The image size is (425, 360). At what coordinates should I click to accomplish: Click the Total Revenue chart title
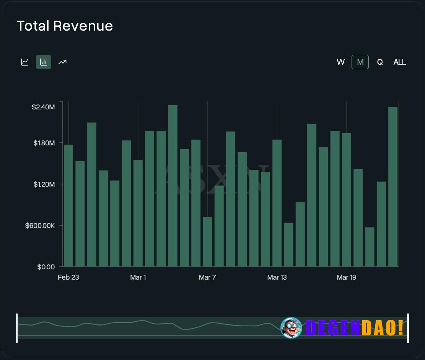[x=65, y=26]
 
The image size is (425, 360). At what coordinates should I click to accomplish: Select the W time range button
[x=340, y=62]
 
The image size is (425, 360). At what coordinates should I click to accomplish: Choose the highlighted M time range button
[x=360, y=62]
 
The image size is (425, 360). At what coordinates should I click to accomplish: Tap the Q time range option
[x=380, y=62]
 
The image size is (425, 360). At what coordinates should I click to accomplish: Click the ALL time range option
[x=399, y=62]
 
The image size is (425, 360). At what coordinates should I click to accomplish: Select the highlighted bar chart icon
[x=44, y=62]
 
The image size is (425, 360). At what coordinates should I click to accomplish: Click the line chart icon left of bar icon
[x=24, y=62]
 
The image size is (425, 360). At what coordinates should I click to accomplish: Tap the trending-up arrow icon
[x=62, y=62]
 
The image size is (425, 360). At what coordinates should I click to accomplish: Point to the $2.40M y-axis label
[x=43, y=107]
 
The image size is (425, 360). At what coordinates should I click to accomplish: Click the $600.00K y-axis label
[x=40, y=226]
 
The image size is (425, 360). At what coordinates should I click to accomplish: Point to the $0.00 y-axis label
[x=46, y=267]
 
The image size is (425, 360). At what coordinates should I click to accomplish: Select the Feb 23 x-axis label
[x=68, y=277]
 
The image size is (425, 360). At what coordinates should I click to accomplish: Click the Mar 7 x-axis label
[x=207, y=277]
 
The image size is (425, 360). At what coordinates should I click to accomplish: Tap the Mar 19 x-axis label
[x=346, y=277]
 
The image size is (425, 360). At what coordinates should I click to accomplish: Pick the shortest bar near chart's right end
[x=370, y=247]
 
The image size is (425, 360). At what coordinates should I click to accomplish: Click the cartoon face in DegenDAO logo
[x=291, y=328]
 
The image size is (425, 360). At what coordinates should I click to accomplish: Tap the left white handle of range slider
[x=17, y=328]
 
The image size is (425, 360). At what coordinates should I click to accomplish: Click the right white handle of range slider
[x=408, y=328]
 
